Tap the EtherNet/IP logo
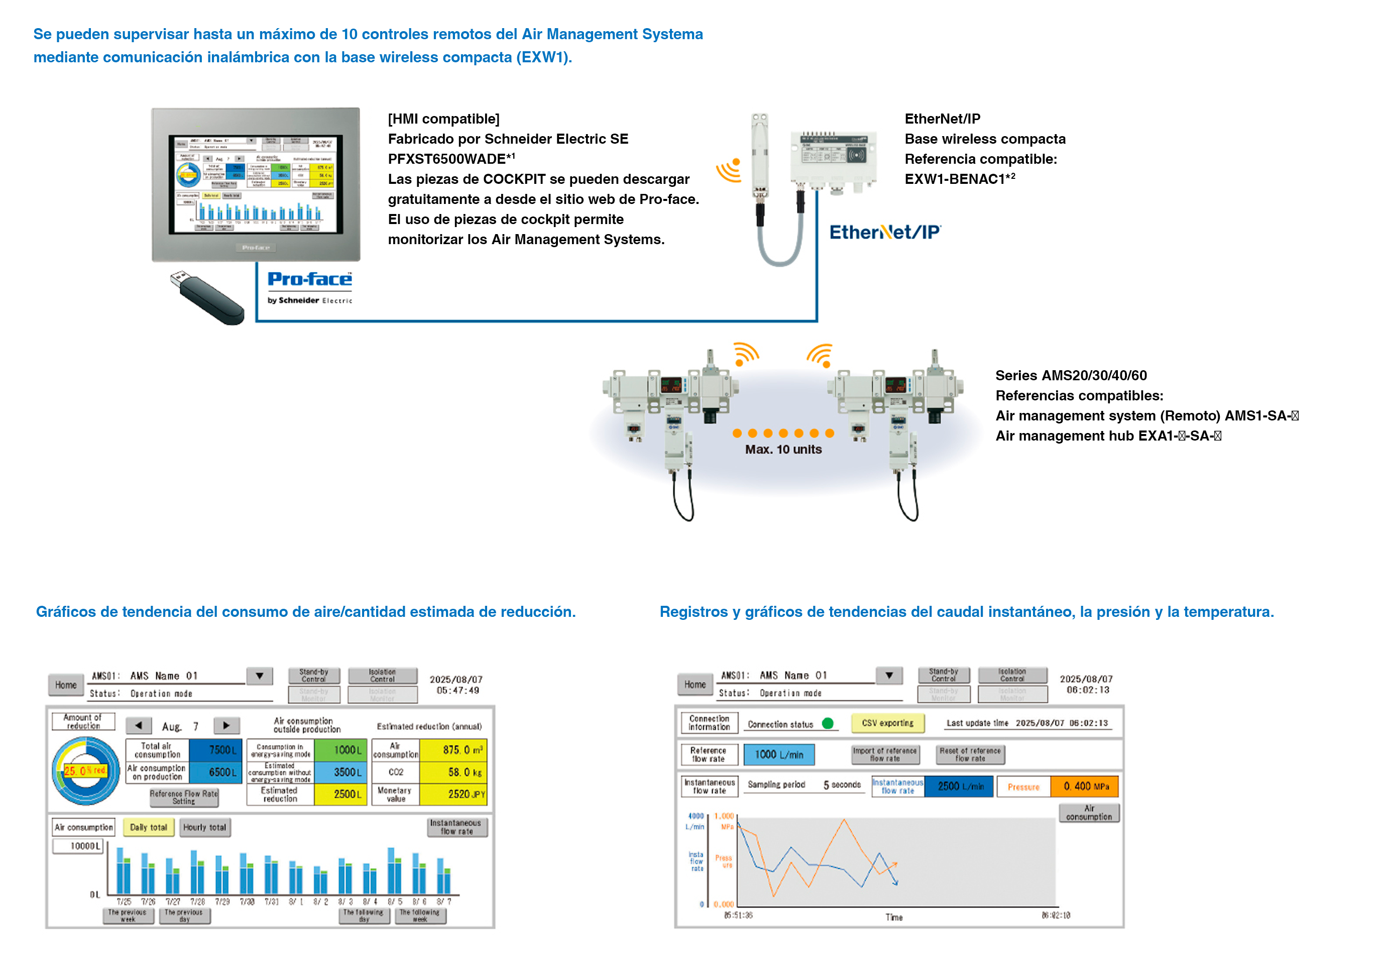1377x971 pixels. [x=885, y=232]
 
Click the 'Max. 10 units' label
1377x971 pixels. [x=783, y=449]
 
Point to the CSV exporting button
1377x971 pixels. [x=887, y=723]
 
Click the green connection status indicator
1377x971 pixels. [x=828, y=723]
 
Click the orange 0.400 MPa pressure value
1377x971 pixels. [x=1084, y=786]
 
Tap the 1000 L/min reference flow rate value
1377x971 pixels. [x=778, y=754]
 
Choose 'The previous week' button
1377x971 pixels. [x=127, y=915]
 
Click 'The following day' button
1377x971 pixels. [x=364, y=915]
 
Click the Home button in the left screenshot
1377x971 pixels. [x=66, y=685]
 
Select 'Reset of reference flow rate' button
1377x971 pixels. [x=970, y=754]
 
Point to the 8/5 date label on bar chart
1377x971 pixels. [x=395, y=902]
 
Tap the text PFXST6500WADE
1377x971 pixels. [x=447, y=159]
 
